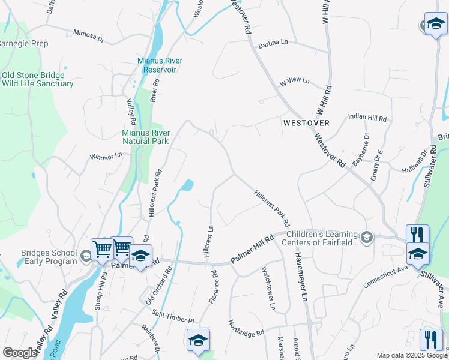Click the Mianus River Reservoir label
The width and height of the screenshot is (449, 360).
(160, 65)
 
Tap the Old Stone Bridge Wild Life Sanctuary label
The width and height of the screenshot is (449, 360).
(37, 80)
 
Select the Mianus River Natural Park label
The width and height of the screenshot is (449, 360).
(146, 137)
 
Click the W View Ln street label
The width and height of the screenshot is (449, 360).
(294, 80)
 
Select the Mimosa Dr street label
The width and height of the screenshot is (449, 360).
(89, 36)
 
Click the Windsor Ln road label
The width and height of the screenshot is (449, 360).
(106, 156)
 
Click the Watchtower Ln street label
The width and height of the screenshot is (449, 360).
(267, 289)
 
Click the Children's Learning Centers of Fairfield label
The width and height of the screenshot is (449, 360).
(322, 238)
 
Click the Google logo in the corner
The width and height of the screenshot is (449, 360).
(20, 353)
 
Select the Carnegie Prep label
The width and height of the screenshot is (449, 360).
(24, 44)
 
